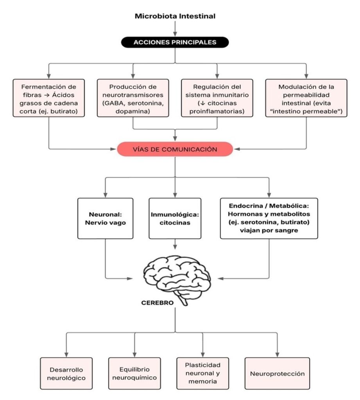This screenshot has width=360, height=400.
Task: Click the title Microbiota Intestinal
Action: click(175, 16)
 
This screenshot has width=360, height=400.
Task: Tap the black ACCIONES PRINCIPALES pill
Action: click(175, 42)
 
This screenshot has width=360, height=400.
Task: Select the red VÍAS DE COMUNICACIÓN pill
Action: click(175, 149)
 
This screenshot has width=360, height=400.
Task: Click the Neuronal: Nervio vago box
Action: click(106, 218)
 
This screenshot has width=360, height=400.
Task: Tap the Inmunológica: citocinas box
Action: click(175, 218)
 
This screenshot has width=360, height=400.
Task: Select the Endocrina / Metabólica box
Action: click(269, 218)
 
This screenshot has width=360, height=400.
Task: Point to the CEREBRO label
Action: click(158, 303)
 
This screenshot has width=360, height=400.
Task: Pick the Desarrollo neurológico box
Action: click(66, 373)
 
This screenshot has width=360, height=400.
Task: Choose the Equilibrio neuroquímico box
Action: click(134, 373)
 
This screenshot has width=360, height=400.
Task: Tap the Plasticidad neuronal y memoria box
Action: click(202, 373)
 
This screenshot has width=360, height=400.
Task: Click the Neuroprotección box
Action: click(277, 373)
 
